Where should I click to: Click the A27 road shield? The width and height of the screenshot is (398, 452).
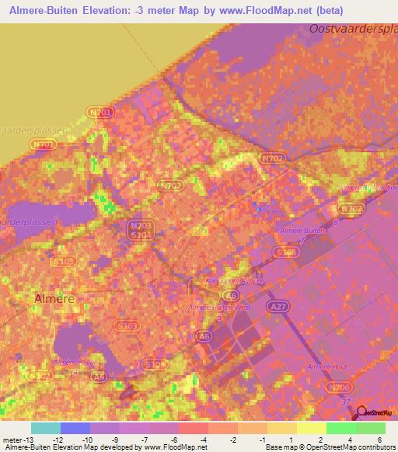pyautogui.click(x=277, y=308)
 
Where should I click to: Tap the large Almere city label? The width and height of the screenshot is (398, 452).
pyautogui.click(x=54, y=298)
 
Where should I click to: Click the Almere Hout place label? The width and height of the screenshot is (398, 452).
pyautogui.click(x=326, y=367)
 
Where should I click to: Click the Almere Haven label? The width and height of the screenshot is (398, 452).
pyautogui.click(x=75, y=361)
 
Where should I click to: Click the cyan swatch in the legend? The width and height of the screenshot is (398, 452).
pyautogui.click(x=46, y=428)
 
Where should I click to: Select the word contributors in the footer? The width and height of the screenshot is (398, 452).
pyautogui.click(x=375, y=447)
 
